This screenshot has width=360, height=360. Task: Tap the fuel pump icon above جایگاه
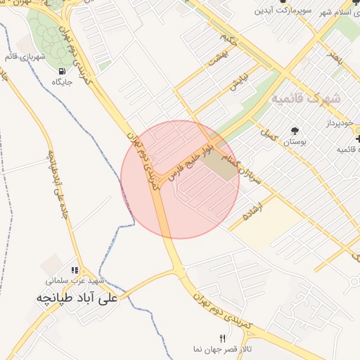click(63, 71)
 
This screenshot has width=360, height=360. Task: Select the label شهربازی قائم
click(34, 56)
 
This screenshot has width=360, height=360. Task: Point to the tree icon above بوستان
click(294, 131)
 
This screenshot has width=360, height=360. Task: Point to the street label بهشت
click(219, 58)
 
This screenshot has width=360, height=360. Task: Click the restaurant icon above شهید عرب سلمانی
click(75, 271)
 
